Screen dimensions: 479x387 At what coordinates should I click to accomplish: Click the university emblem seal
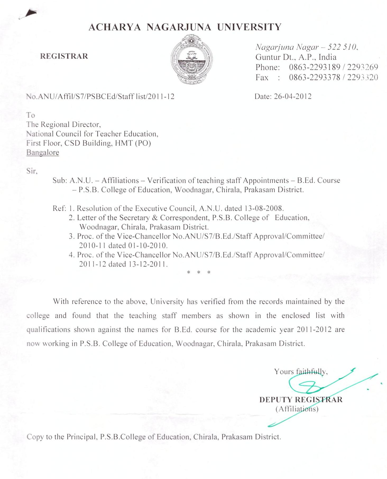click(191, 59)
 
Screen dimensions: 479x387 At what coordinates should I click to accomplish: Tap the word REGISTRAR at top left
click(64, 56)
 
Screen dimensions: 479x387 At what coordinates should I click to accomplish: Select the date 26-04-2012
click(293, 96)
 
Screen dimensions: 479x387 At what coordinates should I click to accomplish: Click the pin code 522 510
click(343, 47)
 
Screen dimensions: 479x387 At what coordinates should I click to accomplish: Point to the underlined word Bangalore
click(43, 153)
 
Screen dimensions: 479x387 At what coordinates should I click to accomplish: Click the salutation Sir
click(32, 171)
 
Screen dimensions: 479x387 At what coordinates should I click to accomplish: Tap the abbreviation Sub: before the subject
click(60, 181)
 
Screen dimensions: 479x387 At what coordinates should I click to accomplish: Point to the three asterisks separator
click(199, 272)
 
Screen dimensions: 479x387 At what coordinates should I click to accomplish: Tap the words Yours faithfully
click(301, 372)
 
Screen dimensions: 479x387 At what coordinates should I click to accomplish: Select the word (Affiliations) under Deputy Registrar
click(297, 409)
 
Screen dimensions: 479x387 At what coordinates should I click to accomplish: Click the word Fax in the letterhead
click(262, 78)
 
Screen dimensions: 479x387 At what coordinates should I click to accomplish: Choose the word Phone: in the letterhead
click(267, 68)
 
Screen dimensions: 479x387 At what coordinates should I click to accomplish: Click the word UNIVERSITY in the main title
click(249, 27)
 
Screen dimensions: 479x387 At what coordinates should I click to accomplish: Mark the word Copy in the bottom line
click(35, 437)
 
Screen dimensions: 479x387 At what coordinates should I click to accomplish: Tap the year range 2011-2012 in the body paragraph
click(314, 330)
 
